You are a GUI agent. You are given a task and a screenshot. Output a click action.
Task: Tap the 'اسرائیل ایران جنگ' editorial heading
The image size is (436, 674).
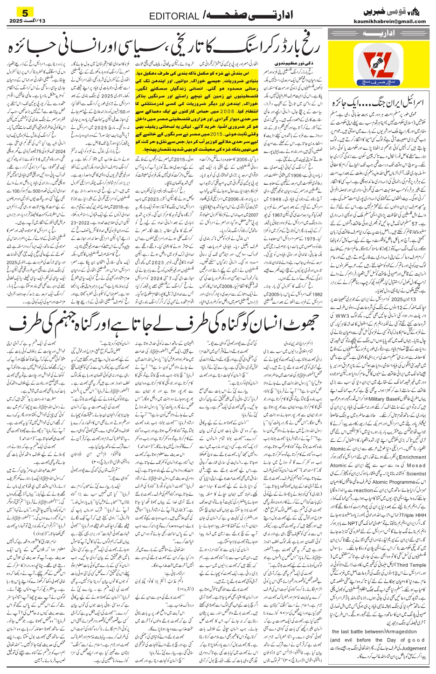(377, 102)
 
